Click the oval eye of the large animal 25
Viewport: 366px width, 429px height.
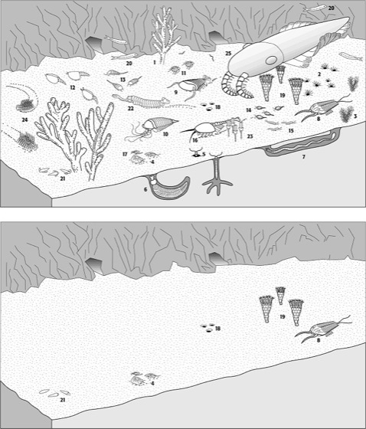271,60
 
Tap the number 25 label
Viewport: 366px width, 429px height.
228,54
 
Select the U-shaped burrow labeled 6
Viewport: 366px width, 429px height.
168,187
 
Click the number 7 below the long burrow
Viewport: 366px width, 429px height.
303,157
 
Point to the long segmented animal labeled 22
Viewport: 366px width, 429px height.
141,101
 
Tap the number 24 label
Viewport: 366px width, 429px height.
25,120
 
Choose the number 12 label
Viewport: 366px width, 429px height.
73,88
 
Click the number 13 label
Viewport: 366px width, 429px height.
123,80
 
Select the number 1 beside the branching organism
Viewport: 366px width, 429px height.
155,62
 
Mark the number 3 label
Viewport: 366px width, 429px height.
355,116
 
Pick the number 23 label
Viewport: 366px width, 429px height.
250,136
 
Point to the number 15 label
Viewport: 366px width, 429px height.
291,130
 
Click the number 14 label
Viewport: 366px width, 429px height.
249,110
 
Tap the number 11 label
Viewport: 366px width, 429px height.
183,73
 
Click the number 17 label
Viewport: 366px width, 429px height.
125,154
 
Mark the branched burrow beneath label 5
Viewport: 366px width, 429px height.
217,175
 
